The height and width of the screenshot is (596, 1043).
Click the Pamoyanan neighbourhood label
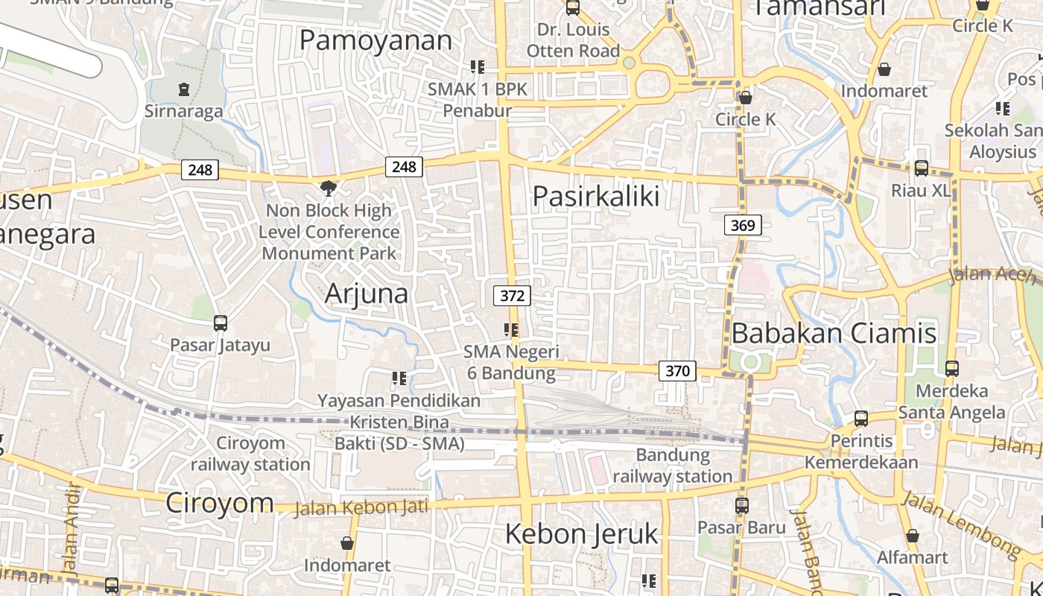tap(375, 40)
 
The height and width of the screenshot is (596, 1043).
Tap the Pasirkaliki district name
tap(596, 196)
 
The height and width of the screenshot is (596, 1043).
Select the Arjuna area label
tap(367, 294)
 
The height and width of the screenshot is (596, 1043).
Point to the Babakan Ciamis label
tap(834, 333)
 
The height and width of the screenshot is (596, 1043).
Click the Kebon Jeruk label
tap(582, 533)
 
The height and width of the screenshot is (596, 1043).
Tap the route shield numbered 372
tap(512, 296)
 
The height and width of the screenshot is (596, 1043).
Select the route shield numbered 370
tap(677, 370)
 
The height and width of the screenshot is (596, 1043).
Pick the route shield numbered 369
tap(743, 225)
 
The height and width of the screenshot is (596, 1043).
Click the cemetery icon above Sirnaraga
tap(183, 89)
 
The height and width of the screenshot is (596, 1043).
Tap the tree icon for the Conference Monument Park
tap(327, 187)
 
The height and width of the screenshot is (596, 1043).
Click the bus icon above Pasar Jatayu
tap(220, 323)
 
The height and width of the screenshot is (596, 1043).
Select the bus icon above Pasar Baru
tap(741, 506)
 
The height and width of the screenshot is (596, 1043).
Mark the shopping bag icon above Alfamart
tap(913, 536)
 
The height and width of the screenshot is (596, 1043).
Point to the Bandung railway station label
tap(673, 466)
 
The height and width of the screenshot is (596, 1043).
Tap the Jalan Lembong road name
tap(960, 524)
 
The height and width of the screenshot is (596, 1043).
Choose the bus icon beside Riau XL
tap(922, 168)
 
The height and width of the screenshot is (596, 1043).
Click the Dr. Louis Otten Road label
tap(573, 40)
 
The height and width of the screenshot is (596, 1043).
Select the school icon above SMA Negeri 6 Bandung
tap(510, 329)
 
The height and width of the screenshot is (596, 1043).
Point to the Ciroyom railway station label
tap(250, 454)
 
